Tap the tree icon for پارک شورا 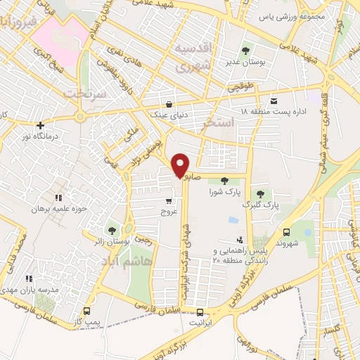click(224, 181)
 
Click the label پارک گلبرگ click(257, 205)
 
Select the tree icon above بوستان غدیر click(245, 51)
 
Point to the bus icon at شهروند click(286, 233)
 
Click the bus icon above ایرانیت click(200, 312)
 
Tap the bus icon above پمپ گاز click(87, 311)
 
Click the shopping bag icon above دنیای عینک click(166, 103)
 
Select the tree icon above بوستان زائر click(112, 231)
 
